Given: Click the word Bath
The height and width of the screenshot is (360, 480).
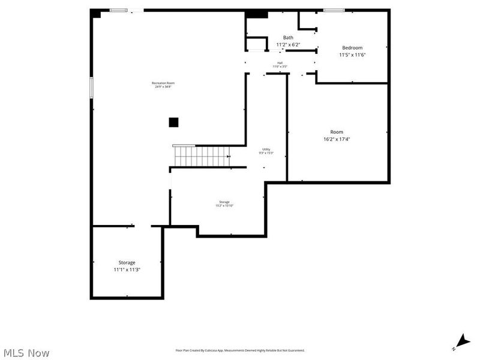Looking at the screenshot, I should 288,37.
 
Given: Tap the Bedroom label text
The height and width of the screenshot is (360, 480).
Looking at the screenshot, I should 352,47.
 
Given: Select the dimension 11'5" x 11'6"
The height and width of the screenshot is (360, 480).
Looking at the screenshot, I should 352,55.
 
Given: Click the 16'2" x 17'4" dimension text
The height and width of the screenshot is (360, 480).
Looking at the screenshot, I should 337,139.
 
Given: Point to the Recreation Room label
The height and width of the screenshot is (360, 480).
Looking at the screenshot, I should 163,83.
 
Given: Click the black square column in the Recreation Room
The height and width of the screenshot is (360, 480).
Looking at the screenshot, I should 173,122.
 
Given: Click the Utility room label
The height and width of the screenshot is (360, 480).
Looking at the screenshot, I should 266,149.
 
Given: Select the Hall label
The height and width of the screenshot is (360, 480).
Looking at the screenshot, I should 280,62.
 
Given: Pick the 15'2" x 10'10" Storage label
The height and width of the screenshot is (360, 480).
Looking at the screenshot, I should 224,204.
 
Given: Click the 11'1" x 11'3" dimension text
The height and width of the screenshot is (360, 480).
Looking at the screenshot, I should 127,270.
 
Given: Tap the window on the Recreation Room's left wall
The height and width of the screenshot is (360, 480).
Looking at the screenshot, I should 92,88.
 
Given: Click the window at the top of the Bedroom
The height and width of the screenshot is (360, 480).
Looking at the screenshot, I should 334,10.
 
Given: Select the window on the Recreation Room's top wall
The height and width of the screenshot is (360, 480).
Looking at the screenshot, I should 118,10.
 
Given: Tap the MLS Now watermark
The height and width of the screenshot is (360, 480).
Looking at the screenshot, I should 26,353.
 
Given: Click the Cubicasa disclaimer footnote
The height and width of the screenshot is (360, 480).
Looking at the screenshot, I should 240,350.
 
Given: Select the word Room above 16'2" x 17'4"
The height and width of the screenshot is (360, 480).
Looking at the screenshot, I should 337,132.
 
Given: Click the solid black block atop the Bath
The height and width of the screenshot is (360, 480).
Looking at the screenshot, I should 257,14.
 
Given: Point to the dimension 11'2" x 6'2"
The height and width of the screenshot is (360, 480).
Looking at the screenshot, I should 288,44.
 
